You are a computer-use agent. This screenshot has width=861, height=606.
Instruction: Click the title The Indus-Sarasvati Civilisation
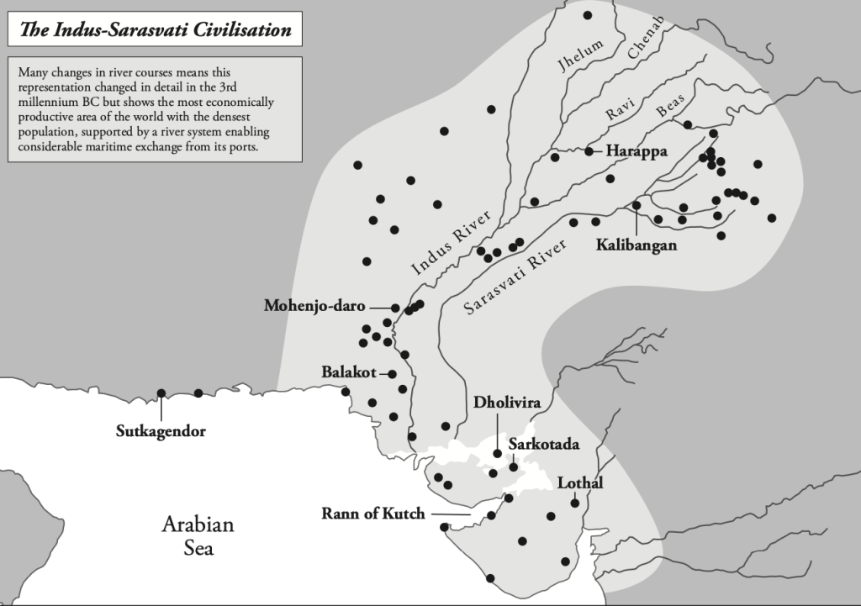pyautogui.click(x=155, y=30)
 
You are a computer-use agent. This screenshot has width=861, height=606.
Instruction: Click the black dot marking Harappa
pyautogui.click(x=589, y=151)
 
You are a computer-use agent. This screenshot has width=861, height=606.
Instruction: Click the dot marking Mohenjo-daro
pyautogui.click(x=395, y=308)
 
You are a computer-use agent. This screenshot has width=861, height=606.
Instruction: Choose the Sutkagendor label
pyautogui.click(x=161, y=432)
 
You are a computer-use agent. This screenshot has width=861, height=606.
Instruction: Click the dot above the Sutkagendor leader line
pyautogui.click(x=161, y=393)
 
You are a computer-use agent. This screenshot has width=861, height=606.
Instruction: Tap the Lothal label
pyautogui.click(x=581, y=483)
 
